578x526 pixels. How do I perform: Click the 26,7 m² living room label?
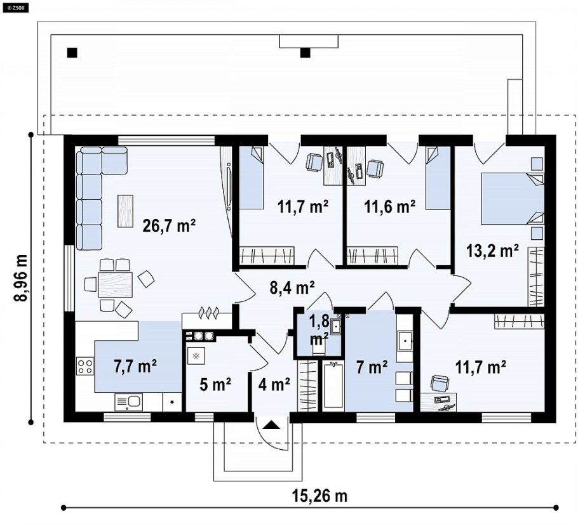click(x=169, y=226)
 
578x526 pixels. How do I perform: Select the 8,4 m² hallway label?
click(x=292, y=287)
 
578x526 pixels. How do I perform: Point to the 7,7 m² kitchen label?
click(x=135, y=366)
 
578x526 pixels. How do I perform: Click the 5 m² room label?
click(x=215, y=385)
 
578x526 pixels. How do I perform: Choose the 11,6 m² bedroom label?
click(x=390, y=207)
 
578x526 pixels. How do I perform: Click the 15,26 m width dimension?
click(x=320, y=496)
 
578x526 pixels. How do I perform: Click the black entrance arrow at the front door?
click(x=271, y=425)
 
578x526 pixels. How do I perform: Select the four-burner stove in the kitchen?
click(x=85, y=365)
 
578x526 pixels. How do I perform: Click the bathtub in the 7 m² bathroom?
click(x=333, y=385)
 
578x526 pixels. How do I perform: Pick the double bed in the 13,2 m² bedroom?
click(x=513, y=199)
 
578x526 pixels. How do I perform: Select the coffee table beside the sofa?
click(x=125, y=210)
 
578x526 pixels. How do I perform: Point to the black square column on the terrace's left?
click(x=72, y=53)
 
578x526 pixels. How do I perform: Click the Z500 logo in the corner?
click(x=15, y=8)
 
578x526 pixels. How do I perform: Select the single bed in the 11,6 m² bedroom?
click(x=438, y=178)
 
